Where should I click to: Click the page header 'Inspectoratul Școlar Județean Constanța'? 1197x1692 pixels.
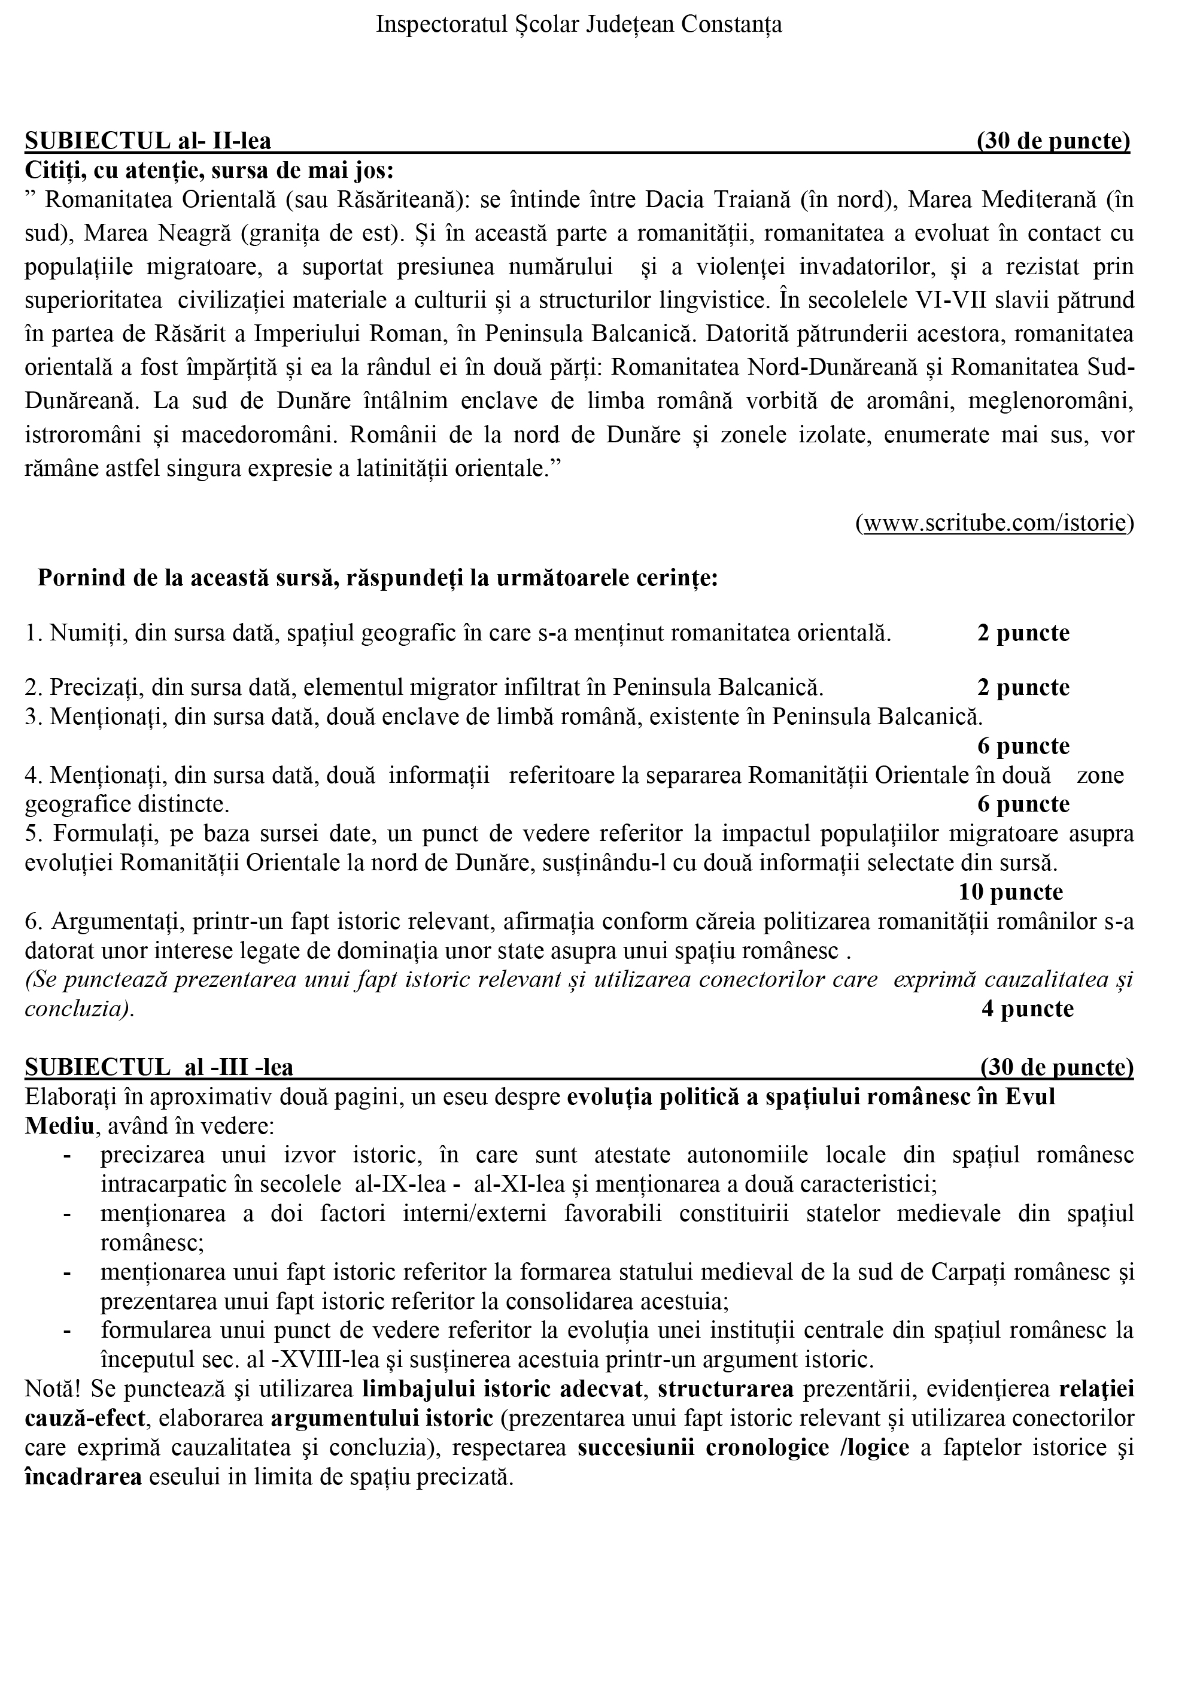click(x=579, y=25)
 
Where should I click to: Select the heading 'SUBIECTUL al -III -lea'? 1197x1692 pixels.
click(x=159, y=1067)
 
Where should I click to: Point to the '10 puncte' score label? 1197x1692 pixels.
click(x=1010, y=892)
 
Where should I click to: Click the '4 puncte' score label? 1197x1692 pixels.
click(x=1027, y=1008)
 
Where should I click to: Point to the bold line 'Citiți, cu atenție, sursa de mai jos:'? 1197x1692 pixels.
click(x=209, y=170)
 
